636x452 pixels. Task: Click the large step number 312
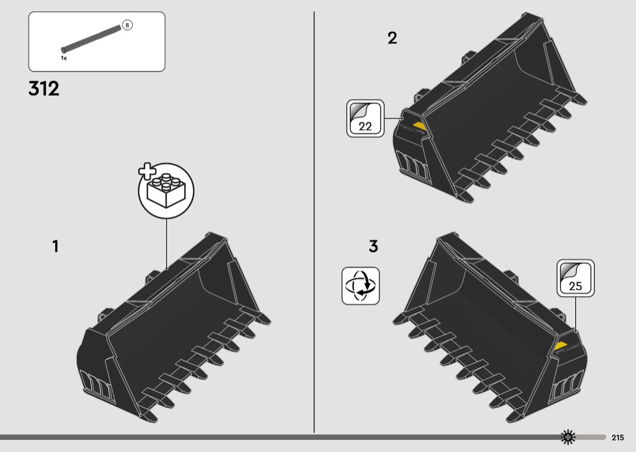click(x=44, y=88)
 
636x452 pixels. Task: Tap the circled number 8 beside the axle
click(x=127, y=25)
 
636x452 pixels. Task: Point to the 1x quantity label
click(x=64, y=58)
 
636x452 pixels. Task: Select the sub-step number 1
click(x=56, y=246)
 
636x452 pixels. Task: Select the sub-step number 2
click(x=393, y=38)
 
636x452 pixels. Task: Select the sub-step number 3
click(x=374, y=246)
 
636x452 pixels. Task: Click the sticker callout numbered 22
click(x=365, y=119)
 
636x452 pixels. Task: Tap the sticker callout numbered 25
click(x=575, y=278)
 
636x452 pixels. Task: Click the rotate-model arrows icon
click(x=360, y=285)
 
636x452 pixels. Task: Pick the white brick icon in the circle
click(x=167, y=191)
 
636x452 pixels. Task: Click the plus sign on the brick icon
click(x=147, y=171)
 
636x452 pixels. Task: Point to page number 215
click(x=618, y=437)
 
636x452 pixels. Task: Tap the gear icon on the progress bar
click(x=568, y=437)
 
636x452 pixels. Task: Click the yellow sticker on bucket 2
click(x=419, y=126)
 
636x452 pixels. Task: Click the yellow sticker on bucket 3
click(x=560, y=346)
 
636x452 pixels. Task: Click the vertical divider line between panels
click(x=314, y=222)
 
